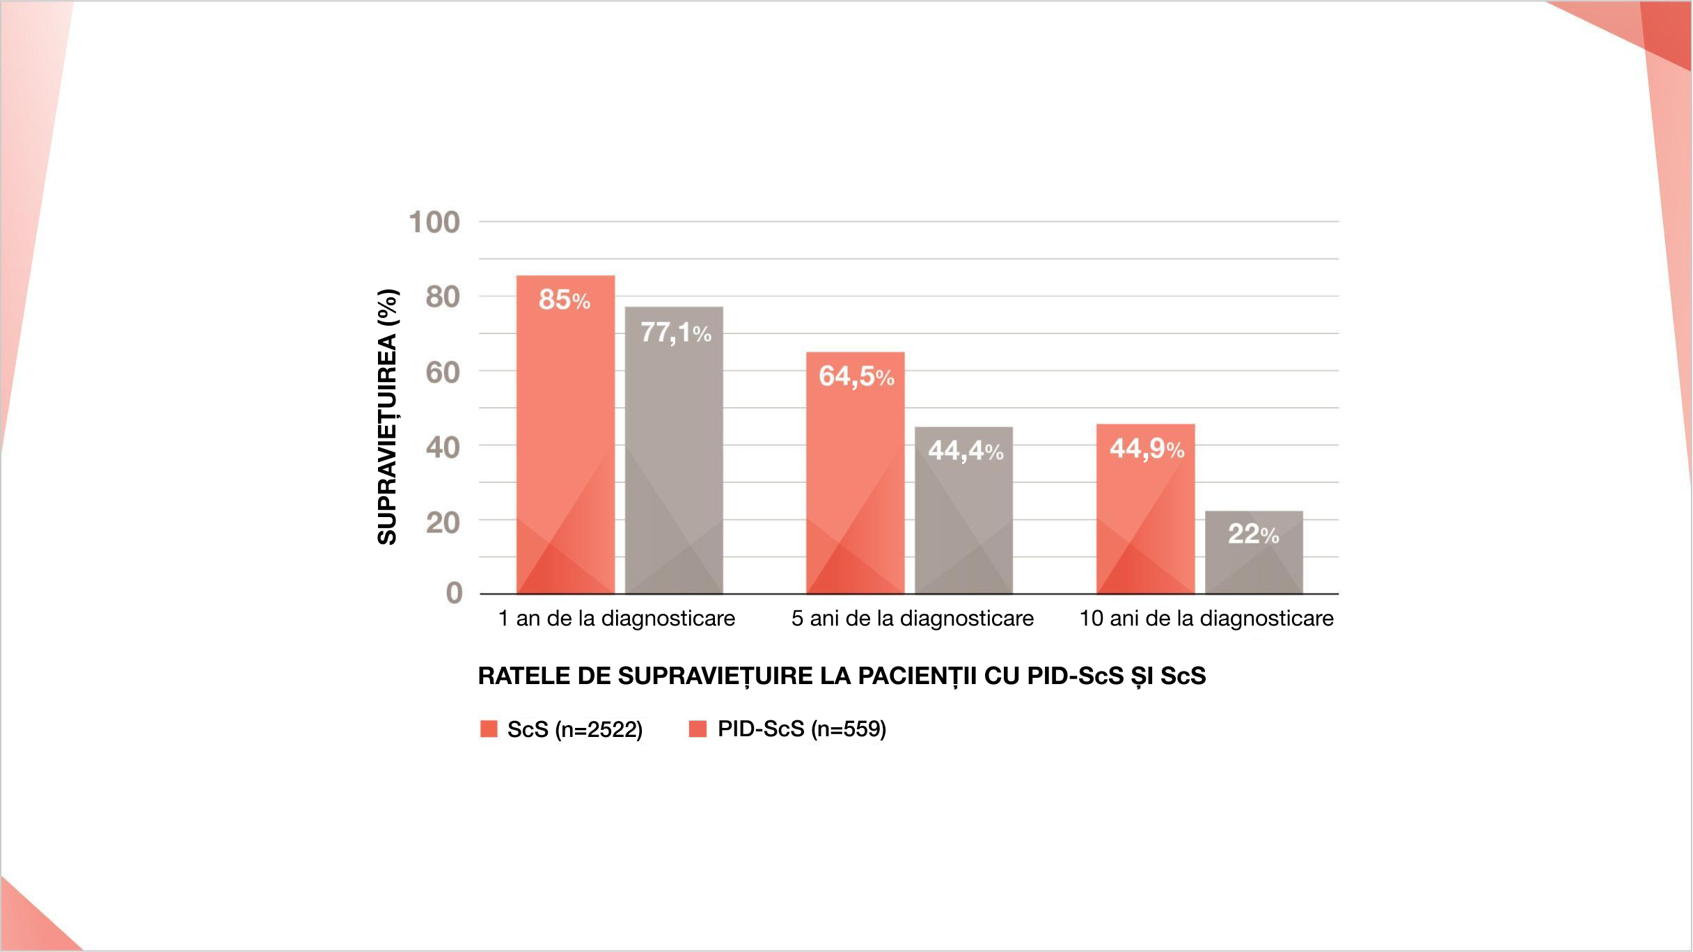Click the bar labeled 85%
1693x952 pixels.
point(565,434)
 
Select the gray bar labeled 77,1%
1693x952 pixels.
point(674,450)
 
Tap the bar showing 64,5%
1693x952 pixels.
point(855,473)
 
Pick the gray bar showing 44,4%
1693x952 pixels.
point(963,510)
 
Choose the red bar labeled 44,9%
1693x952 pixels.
point(1145,509)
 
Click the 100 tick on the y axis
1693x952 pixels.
point(434,223)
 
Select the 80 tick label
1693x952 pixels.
point(443,297)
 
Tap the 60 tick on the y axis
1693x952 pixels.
point(443,373)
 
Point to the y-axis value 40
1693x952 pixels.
point(443,447)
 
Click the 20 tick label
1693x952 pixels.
point(443,523)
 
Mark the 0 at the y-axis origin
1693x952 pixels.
point(454,594)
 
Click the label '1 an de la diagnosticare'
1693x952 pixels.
point(617,618)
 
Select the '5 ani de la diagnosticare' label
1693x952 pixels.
point(912,618)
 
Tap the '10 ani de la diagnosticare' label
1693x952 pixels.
point(1206,618)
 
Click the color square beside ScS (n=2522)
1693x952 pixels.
point(489,729)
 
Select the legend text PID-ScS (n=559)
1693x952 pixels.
point(802,729)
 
